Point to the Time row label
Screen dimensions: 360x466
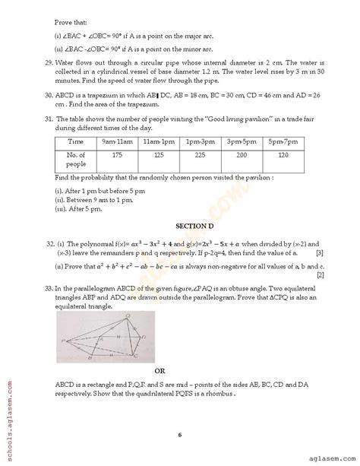[75, 163]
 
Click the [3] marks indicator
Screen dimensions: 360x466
[321, 252]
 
